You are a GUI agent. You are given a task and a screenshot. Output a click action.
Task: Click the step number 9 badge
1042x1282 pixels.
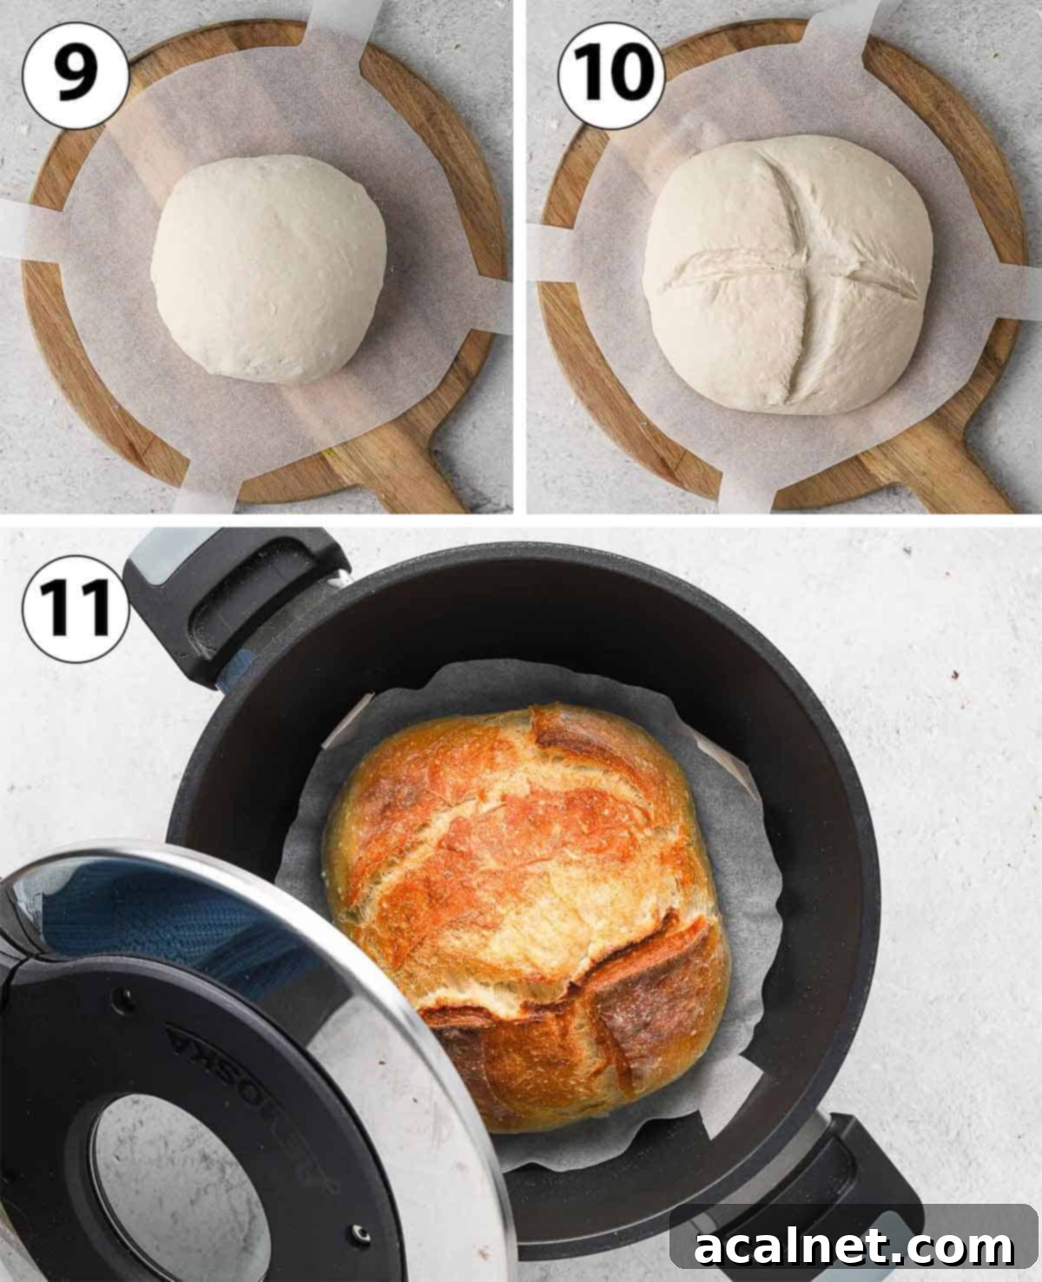click(x=76, y=76)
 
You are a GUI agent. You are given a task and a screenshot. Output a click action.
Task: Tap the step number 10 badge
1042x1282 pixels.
click(x=611, y=76)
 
